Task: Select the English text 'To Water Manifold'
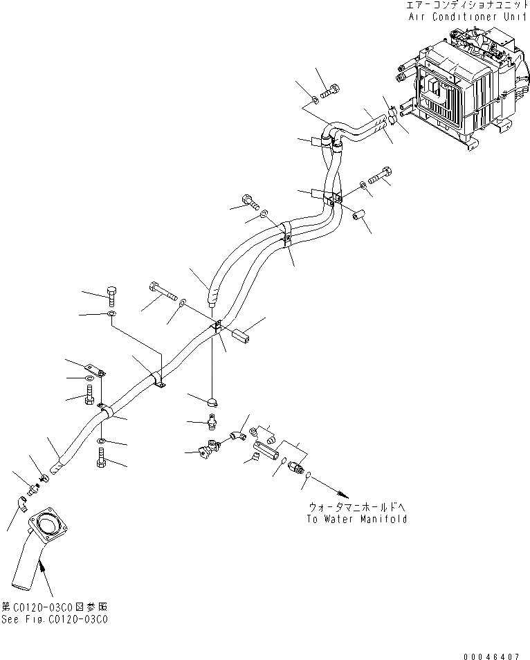pos(357,519)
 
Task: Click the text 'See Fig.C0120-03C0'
pos(55,620)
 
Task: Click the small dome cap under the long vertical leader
pos(211,400)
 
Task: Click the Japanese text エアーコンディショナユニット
pos(468,5)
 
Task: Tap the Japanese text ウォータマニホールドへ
pos(357,508)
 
